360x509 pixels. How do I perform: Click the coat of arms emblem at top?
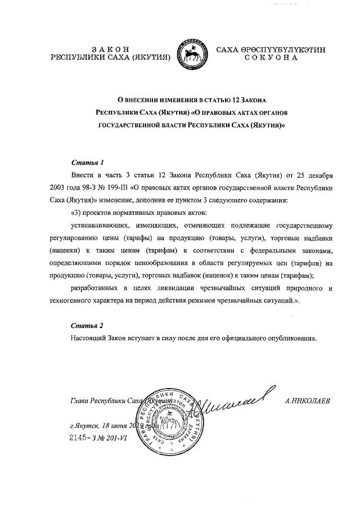point(192,56)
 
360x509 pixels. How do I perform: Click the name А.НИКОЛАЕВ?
point(309,401)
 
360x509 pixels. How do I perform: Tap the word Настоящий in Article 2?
point(89,339)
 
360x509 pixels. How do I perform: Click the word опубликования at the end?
point(291,339)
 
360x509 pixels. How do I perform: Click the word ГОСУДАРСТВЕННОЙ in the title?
point(132,127)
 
